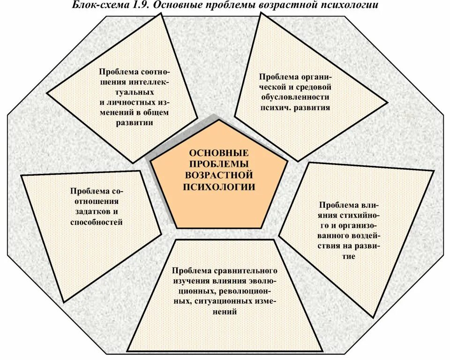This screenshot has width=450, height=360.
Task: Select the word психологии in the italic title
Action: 349,5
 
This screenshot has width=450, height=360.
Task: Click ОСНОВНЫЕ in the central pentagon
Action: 218,153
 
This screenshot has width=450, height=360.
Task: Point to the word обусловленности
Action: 295,97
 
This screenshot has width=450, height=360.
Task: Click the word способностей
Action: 97,222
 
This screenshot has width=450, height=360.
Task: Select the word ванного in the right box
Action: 330,236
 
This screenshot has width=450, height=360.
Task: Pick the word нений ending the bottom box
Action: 225,311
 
